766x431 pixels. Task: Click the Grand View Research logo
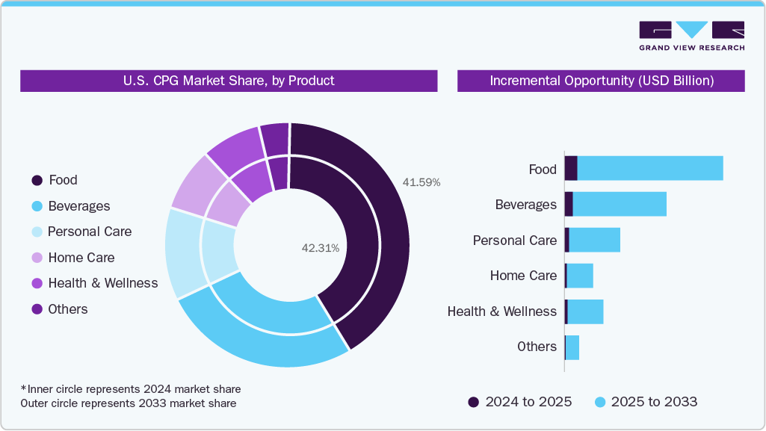[x=691, y=36]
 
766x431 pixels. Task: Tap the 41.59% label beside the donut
[x=421, y=182]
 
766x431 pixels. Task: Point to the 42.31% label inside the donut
[x=320, y=248]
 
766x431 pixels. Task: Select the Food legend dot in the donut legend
[x=37, y=180]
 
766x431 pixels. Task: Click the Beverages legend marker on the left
[x=37, y=206]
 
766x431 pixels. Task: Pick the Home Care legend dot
[x=37, y=258]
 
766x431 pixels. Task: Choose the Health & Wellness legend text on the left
[x=102, y=283]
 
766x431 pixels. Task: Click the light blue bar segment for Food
[x=650, y=168]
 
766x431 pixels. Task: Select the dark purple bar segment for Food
[x=571, y=168]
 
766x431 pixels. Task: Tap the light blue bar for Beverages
[x=620, y=204]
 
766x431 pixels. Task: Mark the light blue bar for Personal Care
[x=595, y=240]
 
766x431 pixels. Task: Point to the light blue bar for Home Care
[x=580, y=276]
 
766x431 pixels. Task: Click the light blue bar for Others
[x=572, y=347]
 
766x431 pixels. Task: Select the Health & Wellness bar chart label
[x=501, y=311]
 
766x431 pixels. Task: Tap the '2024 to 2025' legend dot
[x=474, y=402]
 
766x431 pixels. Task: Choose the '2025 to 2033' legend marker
[x=599, y=402]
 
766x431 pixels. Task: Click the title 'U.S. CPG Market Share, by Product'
[x=229, y=81]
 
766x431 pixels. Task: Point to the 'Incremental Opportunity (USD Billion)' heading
[x=601, y=81]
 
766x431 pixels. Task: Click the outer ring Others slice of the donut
[x=275, y=138]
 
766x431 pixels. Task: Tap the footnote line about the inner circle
[x=131, y=389]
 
